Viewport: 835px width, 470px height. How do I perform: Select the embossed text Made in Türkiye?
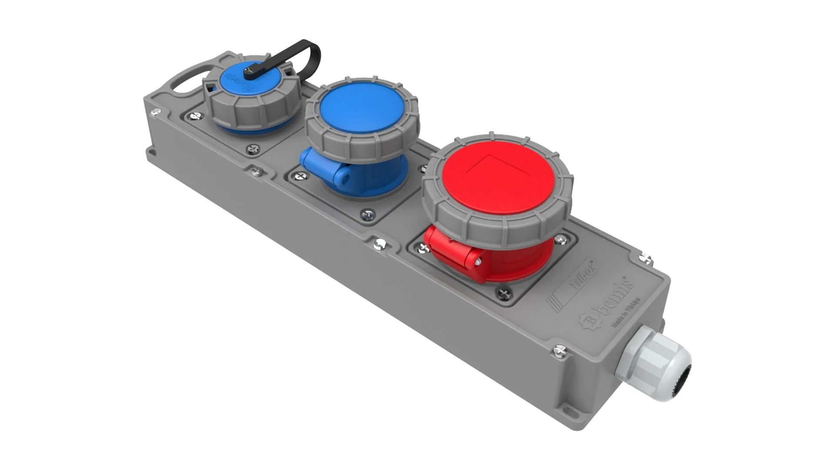625,312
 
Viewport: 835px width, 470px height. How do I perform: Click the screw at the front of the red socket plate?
503,294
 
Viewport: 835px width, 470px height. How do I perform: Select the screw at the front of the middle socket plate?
367,215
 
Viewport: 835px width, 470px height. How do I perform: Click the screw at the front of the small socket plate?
253,150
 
